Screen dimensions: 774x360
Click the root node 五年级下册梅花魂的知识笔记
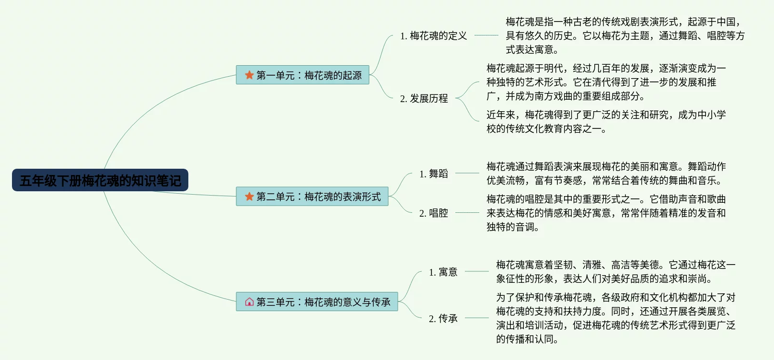[100, 180]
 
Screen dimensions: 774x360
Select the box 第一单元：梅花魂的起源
[302, 75]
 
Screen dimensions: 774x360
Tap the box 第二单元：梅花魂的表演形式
[312, 197]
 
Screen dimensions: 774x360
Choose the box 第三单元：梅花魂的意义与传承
[317, 302]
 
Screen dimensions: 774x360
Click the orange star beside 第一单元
[249, 75]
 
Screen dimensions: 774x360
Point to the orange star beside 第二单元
[249, 197]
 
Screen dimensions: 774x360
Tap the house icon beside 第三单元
[249, 302]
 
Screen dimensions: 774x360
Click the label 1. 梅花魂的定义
[433, 35]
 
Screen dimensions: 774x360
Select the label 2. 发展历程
[424, 98]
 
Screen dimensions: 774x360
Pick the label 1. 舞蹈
[433, 174]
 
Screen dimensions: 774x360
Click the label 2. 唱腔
[433, 213]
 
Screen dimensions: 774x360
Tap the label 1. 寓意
[443, 272]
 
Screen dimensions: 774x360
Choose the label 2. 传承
[443, 318]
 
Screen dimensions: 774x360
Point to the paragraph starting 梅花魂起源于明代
[606, 82]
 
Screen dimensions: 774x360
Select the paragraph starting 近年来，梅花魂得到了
[606, 121]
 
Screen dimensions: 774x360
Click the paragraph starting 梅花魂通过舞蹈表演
[606, 173]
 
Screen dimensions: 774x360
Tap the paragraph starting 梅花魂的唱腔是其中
[606, 213]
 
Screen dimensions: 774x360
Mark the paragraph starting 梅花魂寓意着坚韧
[615, 271]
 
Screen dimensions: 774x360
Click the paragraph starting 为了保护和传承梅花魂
[615, 318]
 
